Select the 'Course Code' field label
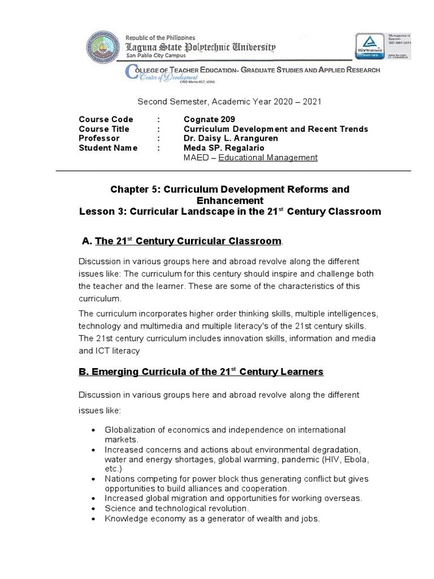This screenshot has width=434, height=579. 106,119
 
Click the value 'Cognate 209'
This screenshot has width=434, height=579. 209,119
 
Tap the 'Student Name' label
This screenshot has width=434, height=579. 108,148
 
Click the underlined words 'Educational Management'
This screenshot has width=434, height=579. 268,158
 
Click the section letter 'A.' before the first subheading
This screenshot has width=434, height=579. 87,241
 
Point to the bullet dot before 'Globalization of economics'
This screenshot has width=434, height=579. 93,431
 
